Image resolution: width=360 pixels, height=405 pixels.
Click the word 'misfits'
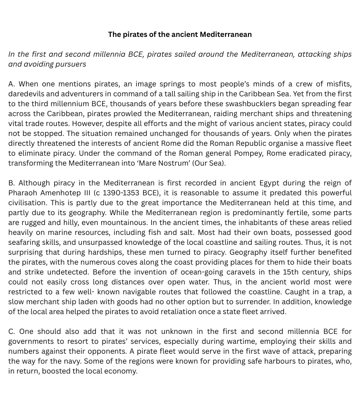(x=337, y=84)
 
